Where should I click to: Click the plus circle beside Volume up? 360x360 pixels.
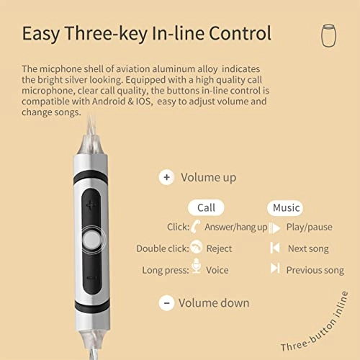click(x=167, y=177)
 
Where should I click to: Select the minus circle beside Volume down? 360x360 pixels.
click(x=166, y=302)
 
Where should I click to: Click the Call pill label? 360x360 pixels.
click(x=206, y=207)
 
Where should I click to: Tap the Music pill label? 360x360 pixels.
click(x=286, y=207)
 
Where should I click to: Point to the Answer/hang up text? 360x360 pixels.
click(x=236, y=228)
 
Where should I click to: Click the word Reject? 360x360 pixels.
click(x=219, y=248)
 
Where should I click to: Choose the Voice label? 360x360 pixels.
click(x=217, y=270)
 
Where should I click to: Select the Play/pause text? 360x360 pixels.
click(x=309, y=228)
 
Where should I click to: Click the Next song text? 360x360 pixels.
click(x=307, y=248)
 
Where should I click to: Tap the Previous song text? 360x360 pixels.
click(x=315, y=270)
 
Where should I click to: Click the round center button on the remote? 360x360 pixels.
click(x=92, y=240)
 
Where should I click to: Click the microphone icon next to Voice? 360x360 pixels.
click(x=196, y=269)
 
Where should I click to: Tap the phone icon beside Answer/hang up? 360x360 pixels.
click(x=196, y=227)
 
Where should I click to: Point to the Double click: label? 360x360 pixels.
click(x=162, y=248)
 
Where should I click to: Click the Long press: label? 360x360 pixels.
click(x=166, y=270)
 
